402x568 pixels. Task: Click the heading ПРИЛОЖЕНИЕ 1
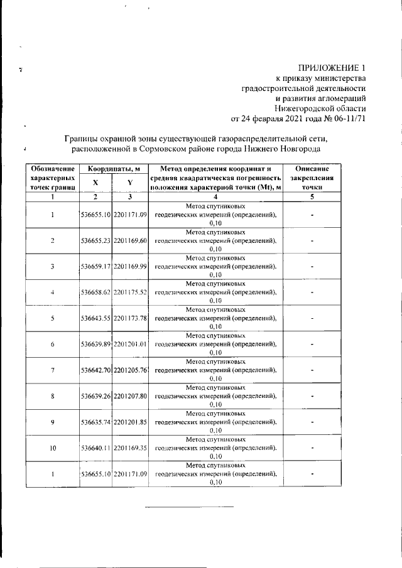[x=331, y=67]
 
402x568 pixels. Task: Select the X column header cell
[x=95, y=182]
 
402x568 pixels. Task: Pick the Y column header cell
[x=130, y=182]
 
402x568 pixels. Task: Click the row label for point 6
[x=53, y=344]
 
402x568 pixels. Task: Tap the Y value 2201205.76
[x=131, y=370]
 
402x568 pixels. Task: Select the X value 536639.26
[x=96, y=395]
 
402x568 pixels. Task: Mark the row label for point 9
[x=53, y=422]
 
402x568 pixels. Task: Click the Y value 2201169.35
[x=131, y=447]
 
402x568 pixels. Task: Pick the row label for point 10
[x=53, y=447]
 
